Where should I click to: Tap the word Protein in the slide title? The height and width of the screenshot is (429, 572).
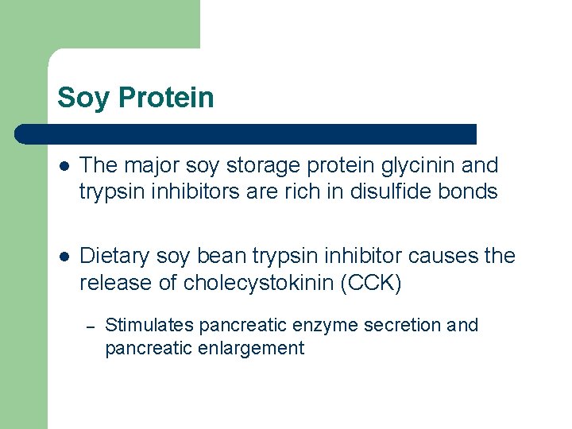point(166,98)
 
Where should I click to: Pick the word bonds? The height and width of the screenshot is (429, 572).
point(470,192)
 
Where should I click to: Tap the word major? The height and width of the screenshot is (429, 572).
point(150,166)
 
